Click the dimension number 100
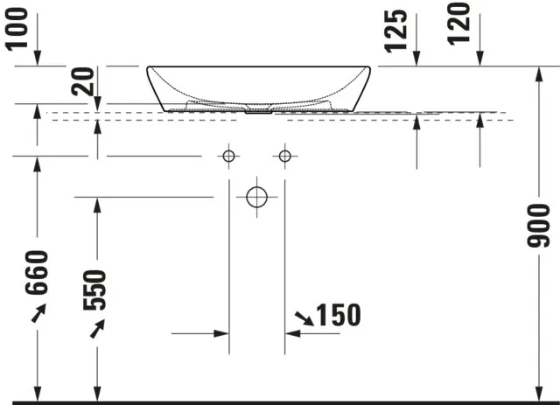click(x=17, y=29)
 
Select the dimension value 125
click(x=395, y=31)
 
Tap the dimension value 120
click(x=458, y=24)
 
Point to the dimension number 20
click(x=82, y=81)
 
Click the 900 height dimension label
click(x=539, y=226)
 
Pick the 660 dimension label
click(x=37, y=273)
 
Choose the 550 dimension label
click(x=94, y=290)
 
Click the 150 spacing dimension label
click(x=339, y=315)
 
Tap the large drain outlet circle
click(x=256, y=197)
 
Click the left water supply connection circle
click(x=228, y=156)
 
